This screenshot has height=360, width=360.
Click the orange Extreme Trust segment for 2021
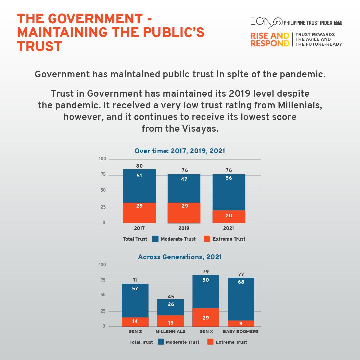(229, 217)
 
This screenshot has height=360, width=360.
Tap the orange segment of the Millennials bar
(171, 321)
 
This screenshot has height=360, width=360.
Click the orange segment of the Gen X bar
(206, 317)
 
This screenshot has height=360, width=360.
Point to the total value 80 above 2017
(139, 166)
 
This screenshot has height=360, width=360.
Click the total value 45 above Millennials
(171, 296)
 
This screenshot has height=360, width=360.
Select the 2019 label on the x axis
(184, 229)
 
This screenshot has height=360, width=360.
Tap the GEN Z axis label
(135, 332)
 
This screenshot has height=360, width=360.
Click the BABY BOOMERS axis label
(241, 332)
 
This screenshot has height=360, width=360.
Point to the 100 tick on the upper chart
(102, 159)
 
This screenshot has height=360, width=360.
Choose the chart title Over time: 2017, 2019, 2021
(180, 151)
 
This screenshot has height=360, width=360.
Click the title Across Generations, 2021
(180, 257)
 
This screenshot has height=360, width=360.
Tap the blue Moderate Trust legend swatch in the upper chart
(156, 239)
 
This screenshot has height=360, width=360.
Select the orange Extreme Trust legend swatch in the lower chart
(210, 342)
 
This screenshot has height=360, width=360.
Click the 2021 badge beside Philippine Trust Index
(338, 23)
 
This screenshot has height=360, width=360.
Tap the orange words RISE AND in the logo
(270, 36)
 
